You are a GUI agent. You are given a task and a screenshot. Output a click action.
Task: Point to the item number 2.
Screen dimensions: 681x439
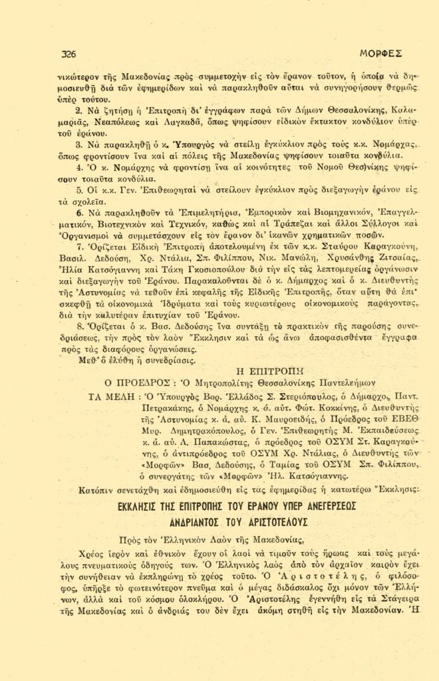[x=78, y=110]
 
